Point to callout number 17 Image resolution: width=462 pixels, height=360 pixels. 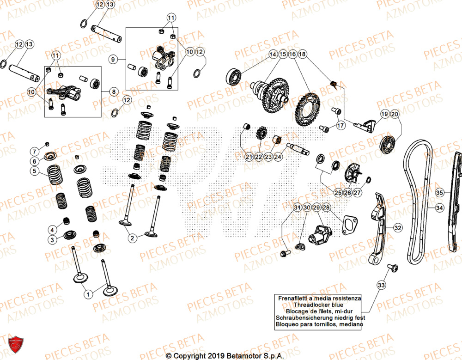click(x=340, y=125)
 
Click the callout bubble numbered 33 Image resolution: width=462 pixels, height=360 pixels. click(x=381, y=285)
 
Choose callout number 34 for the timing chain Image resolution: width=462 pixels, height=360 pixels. click(x=439, y=208)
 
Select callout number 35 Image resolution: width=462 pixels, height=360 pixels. click(x=439, y=192)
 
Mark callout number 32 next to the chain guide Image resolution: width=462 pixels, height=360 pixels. click(x=397, y=228)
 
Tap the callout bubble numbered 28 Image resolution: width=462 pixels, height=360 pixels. click(x=327, y=208)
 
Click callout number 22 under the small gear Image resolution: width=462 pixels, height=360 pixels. click(x=258, y=157)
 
